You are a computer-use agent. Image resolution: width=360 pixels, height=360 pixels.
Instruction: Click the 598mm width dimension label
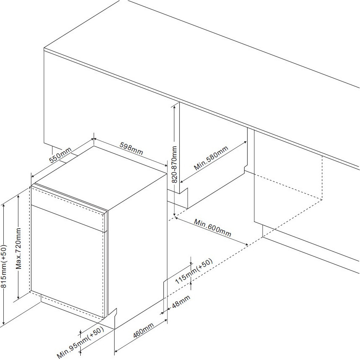[x=131, y=149]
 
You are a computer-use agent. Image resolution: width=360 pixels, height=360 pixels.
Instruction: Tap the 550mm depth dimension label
[x=61, y=155]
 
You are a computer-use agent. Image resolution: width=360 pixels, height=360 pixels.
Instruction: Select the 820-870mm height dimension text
[x=174, y=164]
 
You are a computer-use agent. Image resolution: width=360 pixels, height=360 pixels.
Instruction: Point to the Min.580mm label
[x=211, y=158]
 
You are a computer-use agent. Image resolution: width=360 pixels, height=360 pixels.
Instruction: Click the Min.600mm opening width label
[x=212, y=228]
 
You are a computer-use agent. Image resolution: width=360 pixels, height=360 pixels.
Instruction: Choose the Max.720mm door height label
[x=18, y=248]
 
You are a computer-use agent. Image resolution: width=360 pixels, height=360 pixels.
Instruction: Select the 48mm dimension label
[x=181, y=301]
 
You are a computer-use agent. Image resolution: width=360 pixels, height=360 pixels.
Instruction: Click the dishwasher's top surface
[x=101, y=178]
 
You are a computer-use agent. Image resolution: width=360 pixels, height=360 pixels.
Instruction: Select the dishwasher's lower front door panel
[x=68, y=261]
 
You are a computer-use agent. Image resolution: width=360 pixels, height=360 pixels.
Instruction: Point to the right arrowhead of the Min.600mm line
[x=246, y=245]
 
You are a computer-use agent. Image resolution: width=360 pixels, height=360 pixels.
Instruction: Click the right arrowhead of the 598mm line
[x=165, y=165]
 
